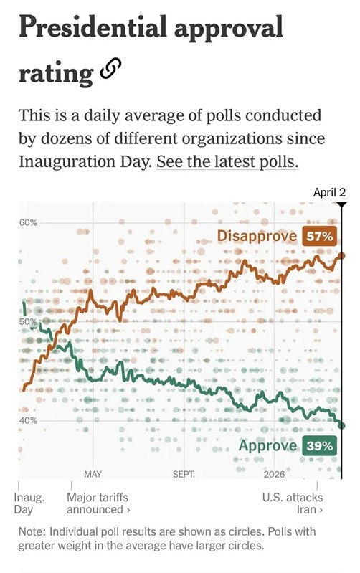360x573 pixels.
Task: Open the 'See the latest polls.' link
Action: point(227,161)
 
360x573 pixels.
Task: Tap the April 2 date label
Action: point(329,192)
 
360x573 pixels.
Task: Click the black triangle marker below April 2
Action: point(341,204)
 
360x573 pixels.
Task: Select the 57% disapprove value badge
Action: point(319,237)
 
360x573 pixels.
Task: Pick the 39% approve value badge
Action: point(319,446)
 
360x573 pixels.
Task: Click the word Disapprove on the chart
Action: point(257,236)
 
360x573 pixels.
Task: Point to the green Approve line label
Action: point(267,446)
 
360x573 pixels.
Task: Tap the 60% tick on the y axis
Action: point(28,222)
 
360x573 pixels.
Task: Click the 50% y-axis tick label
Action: point(28,322)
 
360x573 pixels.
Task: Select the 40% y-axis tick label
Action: point(28,421)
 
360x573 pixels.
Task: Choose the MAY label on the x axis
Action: point(93,474)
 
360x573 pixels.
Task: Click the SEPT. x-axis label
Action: point(184,474)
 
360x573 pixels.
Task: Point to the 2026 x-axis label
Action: point(274,474)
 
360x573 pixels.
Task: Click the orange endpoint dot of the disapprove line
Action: point(342,256)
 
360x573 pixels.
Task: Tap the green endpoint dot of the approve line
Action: point(342,425)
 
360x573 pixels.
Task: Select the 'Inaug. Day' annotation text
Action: point(29,503)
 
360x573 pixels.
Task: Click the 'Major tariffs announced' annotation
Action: point(98,503)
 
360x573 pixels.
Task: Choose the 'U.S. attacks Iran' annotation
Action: point(293,503)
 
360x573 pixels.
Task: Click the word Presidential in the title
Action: point(93,28)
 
